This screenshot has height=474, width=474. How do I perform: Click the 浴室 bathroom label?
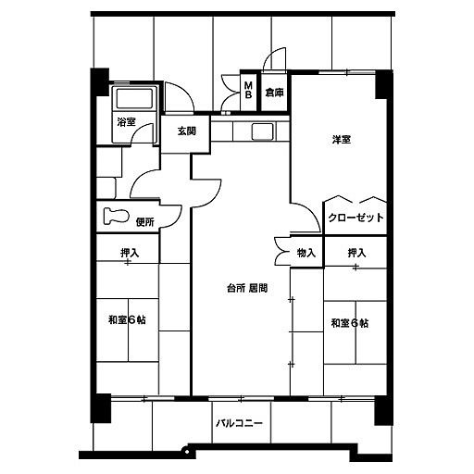coord(126,122)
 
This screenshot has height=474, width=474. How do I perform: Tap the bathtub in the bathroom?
coord(134,98)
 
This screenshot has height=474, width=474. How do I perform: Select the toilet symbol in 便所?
coord(116,216)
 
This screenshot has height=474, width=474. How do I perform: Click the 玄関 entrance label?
coord(186,131)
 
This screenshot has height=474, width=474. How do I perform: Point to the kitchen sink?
coord(262,131)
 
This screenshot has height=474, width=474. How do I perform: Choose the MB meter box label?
coord(248,90)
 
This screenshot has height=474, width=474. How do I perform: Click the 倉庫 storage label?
coord(274,93)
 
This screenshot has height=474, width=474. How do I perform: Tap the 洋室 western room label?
coord(342,140)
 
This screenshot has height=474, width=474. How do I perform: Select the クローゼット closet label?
coord(355,218)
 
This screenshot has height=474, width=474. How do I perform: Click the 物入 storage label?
coord(306,253)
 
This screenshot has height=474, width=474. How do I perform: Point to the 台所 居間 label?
coord(247,288)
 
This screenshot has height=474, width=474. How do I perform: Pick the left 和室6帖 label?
coord(127,319)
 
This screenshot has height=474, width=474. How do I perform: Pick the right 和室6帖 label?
coord(350,323)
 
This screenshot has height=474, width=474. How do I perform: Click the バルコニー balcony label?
coord(239,422)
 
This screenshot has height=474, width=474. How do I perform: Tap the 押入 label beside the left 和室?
coord(130,253)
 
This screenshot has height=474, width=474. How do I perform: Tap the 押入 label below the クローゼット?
coord(357,253)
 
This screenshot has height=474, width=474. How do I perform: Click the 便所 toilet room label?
coord(145,221)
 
